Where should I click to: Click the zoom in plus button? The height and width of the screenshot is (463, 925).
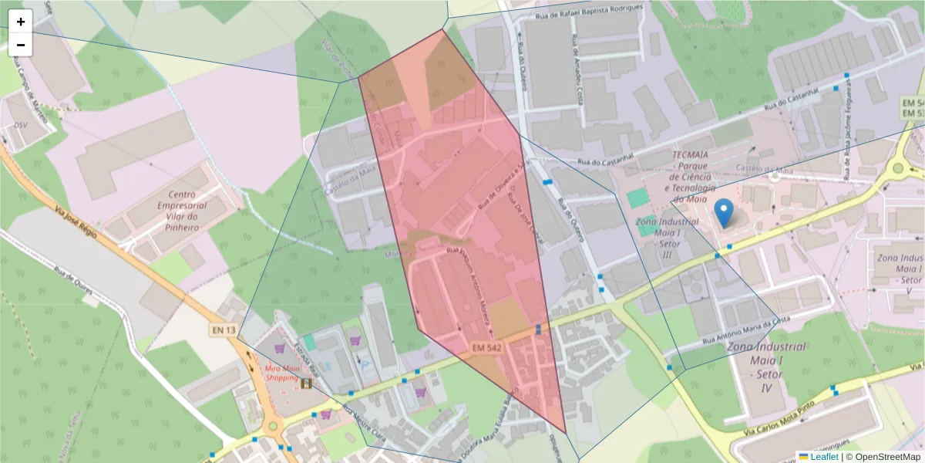coord(21,22)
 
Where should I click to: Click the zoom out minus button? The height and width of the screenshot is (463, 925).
coord(21,45)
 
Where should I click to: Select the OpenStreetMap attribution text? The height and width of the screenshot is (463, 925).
coord(883,457)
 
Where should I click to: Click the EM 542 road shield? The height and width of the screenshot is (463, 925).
coord(487,349)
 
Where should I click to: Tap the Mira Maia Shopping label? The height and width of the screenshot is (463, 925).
coord(282,373)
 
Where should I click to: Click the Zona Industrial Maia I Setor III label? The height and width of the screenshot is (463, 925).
coord(659,238)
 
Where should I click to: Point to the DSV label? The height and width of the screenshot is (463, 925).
coord(20,124)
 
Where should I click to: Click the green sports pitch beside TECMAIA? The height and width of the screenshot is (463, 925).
coord(637,198)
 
